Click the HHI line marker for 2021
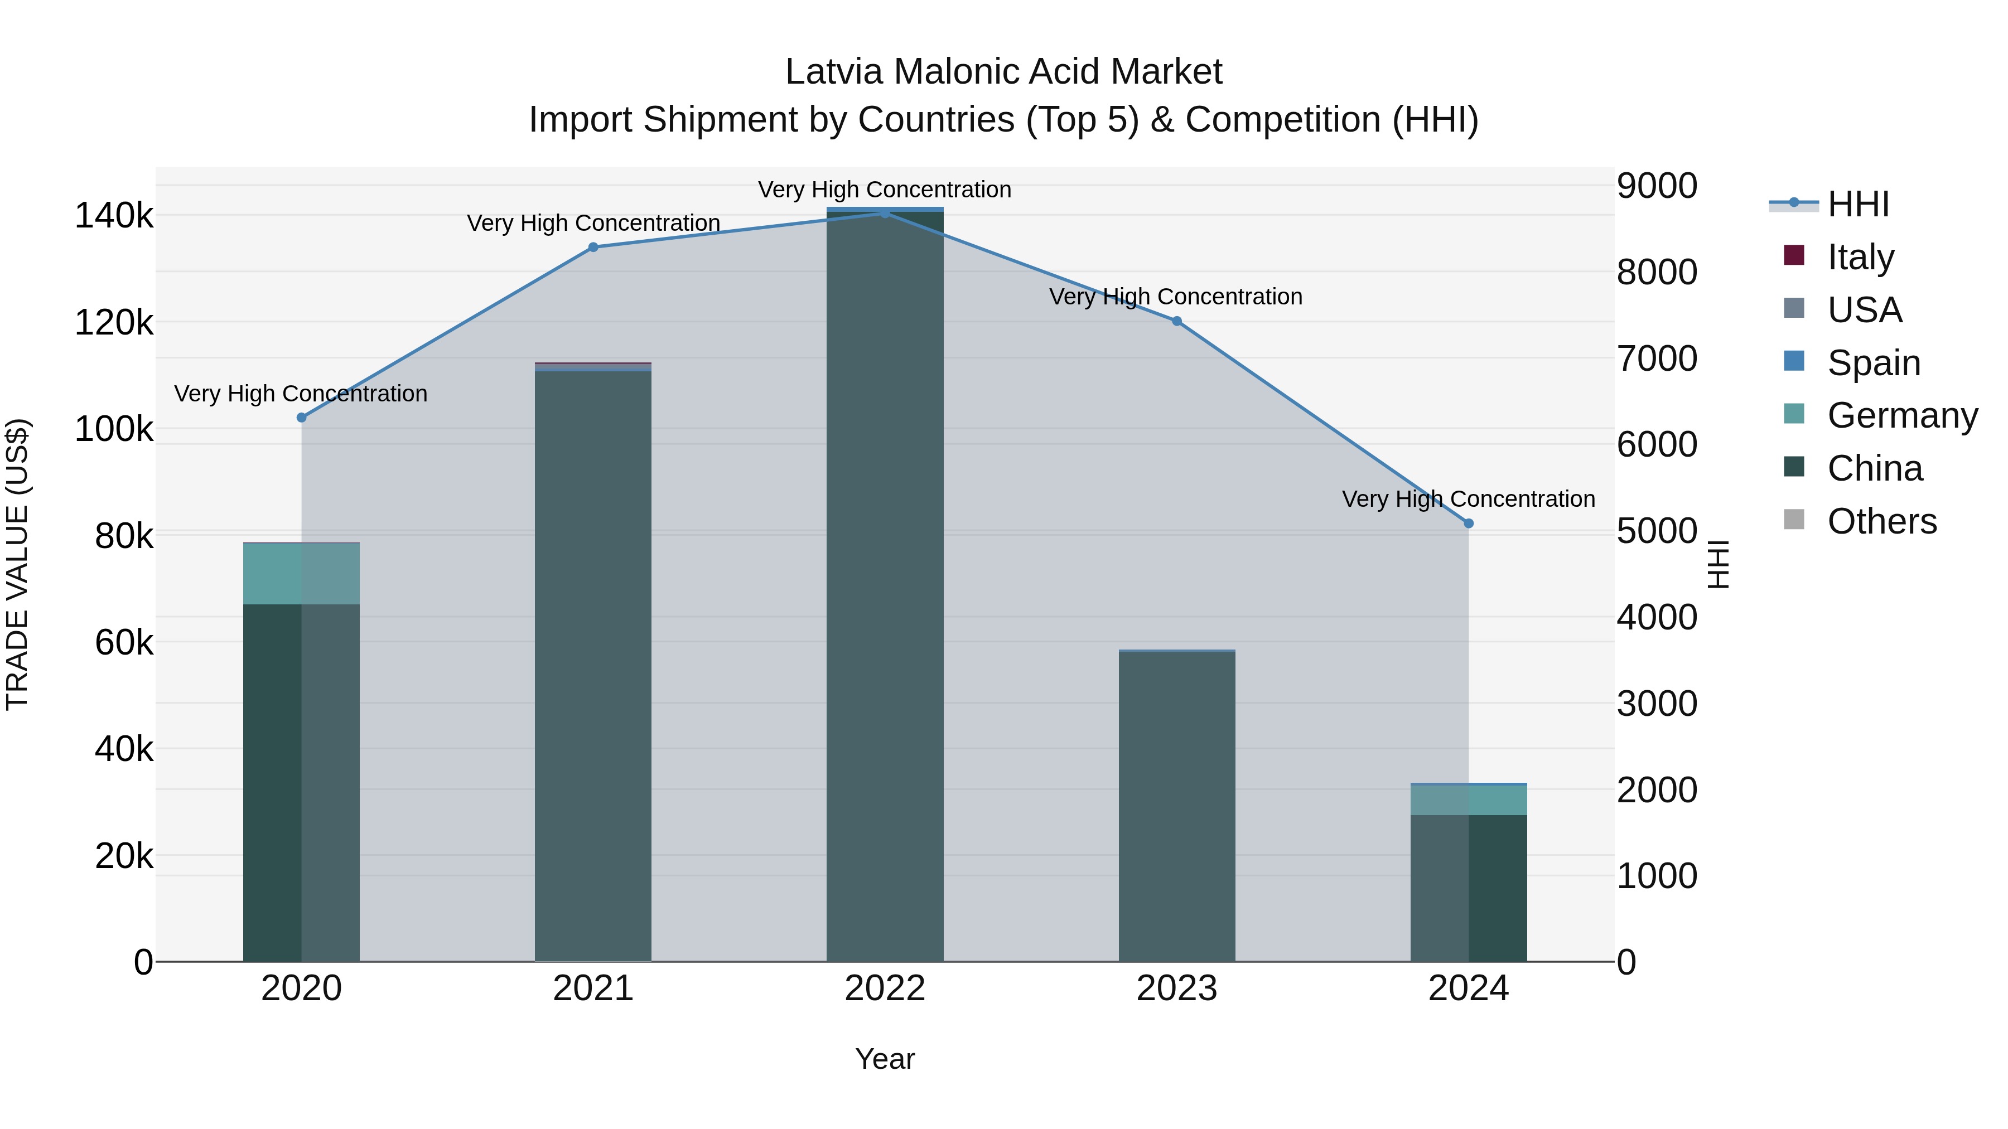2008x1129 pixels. tap(593, 247)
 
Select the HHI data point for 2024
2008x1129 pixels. tap(1469, 524)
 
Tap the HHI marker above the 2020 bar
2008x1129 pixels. tap(302, 418)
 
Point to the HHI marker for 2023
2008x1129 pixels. tap(1177, 321)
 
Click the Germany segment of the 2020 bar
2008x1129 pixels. tap(302, 574)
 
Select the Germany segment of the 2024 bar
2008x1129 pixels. tap(1469, 800)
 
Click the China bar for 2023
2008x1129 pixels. tap(1177, 806)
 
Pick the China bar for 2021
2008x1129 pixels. tap(593, 666)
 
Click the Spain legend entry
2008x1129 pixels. tap(1873, 363)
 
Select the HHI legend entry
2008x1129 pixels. tap(1857, 204)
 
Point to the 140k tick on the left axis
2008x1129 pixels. tap(114, 216)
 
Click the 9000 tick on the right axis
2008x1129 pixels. tap(1657, 186)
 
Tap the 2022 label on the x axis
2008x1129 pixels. tap(885, 989)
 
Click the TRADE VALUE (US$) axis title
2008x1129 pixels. tap(17, 564)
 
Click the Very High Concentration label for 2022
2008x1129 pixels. tap(885, 190)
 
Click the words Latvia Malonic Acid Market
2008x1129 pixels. tap(1003, 72)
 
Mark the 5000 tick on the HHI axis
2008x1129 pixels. tap(1657, 531)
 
